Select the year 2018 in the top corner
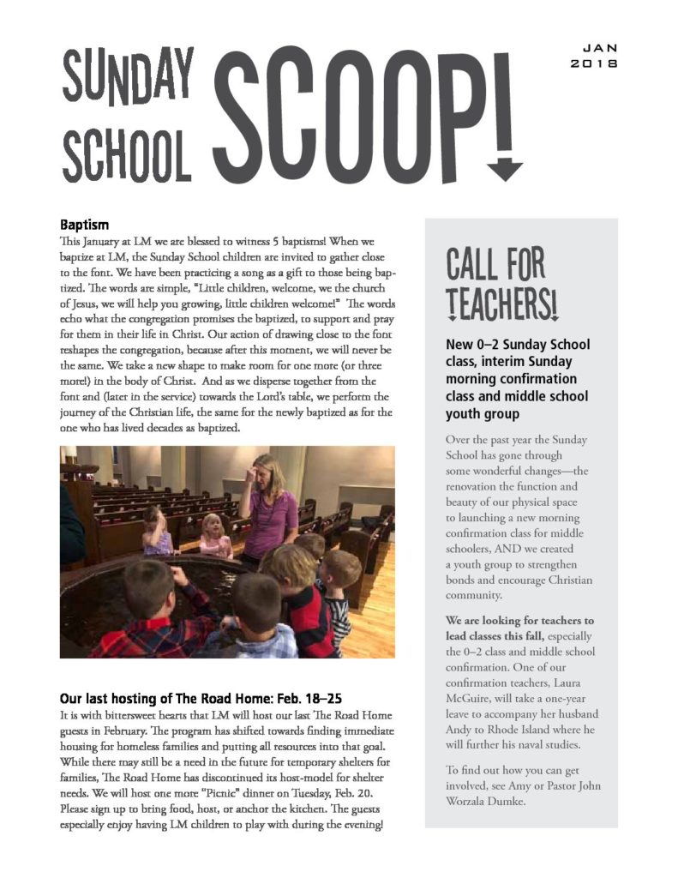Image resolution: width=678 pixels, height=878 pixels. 594,63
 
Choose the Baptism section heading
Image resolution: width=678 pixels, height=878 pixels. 84,226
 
